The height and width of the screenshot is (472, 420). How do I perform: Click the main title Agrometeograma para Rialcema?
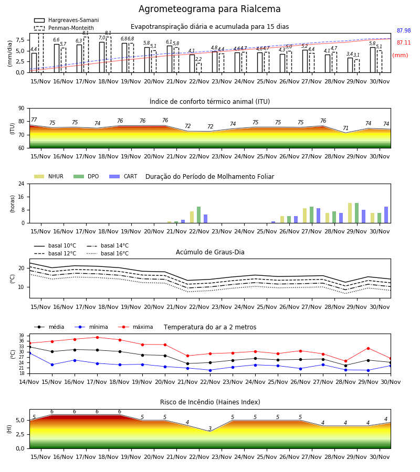coord(209,9)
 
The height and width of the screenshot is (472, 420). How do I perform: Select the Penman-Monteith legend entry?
coord(64,28)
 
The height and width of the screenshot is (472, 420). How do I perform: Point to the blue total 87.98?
coord(404,31)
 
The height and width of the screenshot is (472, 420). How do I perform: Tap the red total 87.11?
coord(404,43)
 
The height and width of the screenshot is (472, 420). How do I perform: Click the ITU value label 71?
coord(345,128)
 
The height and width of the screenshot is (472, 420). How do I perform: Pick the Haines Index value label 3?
coord(210,428)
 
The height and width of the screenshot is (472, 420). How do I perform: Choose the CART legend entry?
coord(123,176)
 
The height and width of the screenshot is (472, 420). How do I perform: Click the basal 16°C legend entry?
coord(108,253)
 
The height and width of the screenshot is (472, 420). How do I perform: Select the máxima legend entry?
coord(135,327)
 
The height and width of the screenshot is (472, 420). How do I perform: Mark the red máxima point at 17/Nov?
coord(97,337)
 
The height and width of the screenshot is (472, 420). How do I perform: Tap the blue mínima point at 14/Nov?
coord(29,353)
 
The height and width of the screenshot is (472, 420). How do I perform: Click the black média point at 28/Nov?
coord(345,366)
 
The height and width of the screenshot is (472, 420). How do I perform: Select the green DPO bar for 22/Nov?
coord(199,215)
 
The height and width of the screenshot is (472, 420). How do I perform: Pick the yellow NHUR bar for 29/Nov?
coord(350,213)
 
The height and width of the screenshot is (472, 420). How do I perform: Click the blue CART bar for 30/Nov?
coord(386,215)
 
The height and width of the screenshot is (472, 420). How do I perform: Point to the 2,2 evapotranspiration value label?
coord(198,59)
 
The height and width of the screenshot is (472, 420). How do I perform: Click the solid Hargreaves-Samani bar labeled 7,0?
coord(102,57)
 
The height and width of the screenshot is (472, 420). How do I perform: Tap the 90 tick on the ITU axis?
coord(22,109)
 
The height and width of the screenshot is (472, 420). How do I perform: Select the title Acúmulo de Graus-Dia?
coord(210,252)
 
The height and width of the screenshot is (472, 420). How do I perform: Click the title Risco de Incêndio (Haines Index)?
coord(210,402)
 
